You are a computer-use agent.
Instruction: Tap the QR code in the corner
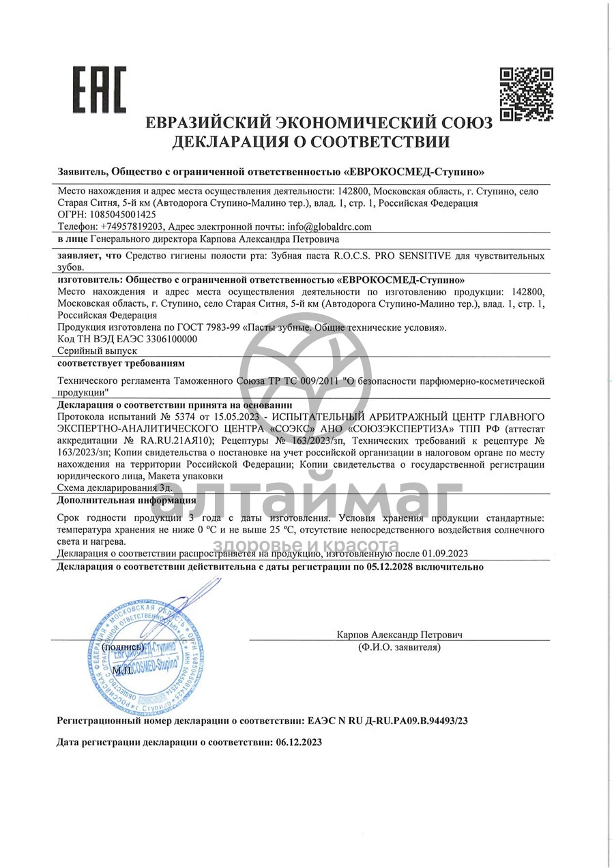coord(526,93)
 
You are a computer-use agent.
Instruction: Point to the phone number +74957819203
coord(132,226)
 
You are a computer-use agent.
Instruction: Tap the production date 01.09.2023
coord(444,554)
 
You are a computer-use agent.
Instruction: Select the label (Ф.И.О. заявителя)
coord(399,647)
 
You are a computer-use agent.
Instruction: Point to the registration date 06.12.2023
coord(298,742)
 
